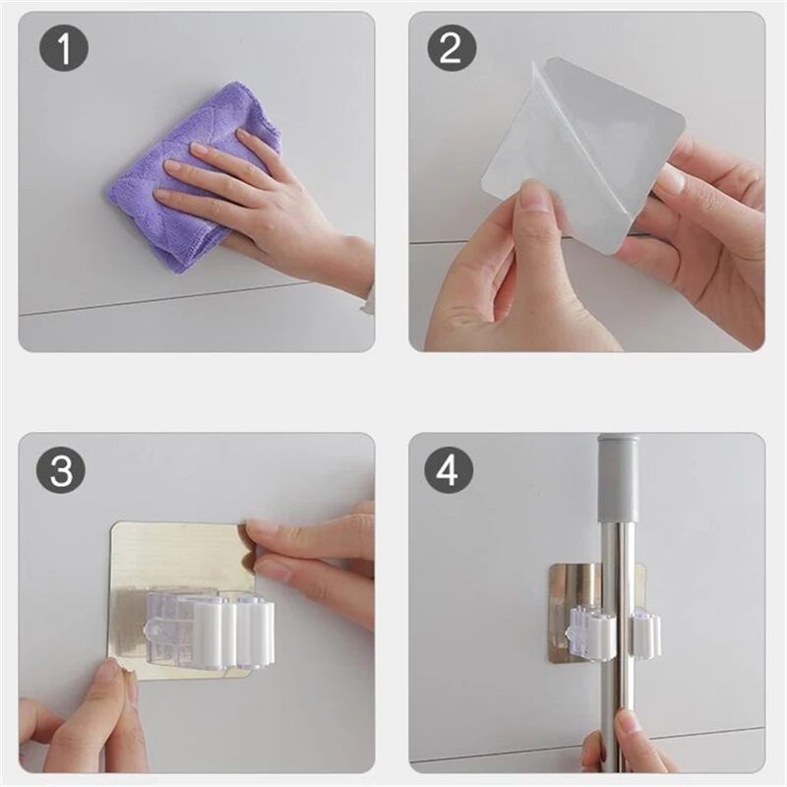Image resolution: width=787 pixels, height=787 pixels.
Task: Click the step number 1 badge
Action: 64,49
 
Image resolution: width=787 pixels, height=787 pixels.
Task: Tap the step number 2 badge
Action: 452,48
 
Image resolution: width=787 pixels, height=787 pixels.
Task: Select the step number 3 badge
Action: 61,471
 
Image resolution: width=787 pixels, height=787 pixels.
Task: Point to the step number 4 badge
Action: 449,471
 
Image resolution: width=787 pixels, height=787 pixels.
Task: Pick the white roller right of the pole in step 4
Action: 646,635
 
